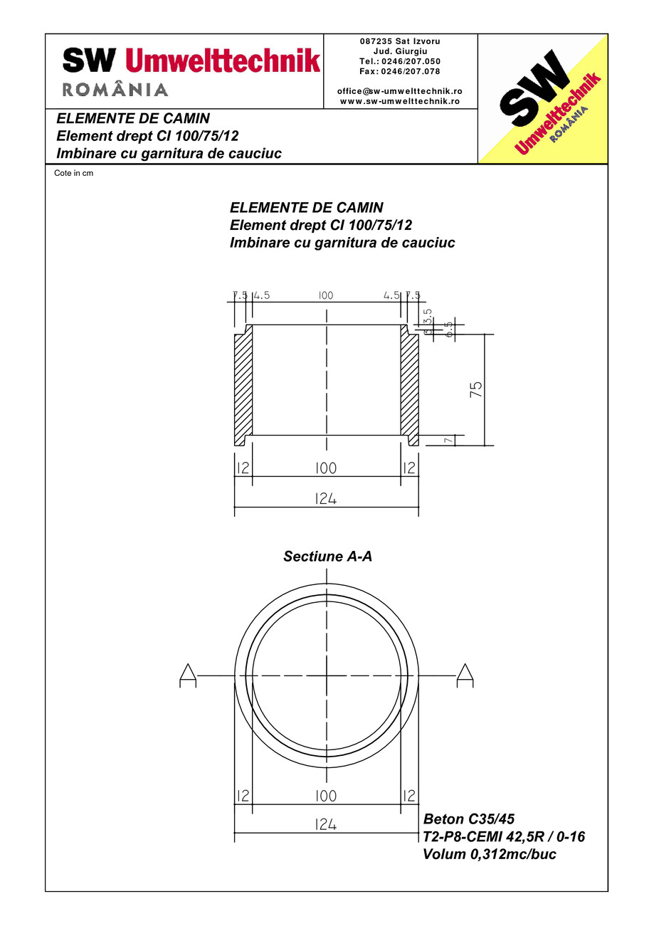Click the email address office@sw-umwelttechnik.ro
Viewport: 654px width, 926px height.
click(400, 91)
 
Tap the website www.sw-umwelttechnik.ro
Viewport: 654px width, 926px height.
click(400, 101)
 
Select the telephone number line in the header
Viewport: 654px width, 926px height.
click(400, 61)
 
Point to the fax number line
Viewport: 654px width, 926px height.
click(400, 71)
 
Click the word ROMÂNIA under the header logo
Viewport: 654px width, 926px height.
click(115, 90)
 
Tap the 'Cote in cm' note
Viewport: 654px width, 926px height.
click(74, 173)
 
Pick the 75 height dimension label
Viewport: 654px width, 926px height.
click(476, 389)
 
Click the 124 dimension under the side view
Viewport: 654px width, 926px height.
click(325, 499)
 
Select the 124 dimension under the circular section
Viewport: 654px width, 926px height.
click(325, 824)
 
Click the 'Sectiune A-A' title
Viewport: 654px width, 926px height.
click(327, 557)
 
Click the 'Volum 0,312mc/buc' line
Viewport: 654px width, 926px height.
click(490, 855)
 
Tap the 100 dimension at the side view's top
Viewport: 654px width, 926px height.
click(326, 295)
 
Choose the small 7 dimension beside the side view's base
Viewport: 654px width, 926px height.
click(448, 441)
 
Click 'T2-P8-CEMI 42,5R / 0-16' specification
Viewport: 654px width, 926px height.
click(504, 836)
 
